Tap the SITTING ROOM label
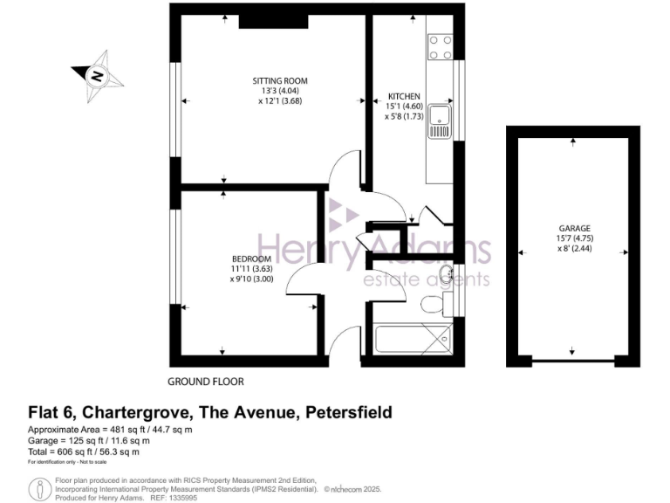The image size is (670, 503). pyautogui.click(x=274, y=81)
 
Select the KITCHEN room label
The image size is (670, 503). pyautogui.click(x=404, y=96)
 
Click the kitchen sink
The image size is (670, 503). pyautogui.click(x=438, y=124)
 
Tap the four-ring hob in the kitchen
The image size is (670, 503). pyautogui.click(x=440, y=45)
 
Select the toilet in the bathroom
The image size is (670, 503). pyautogui.click(x=432, y=305)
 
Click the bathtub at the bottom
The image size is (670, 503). pyautogui.click(x=411, y=336)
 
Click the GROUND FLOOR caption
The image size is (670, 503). pyautogui.click(x=206, y=382)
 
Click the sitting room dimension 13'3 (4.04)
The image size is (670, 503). pyautogui.click(x=274, y=91)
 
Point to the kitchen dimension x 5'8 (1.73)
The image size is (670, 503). pyautogui.click(x=404, y=115)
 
